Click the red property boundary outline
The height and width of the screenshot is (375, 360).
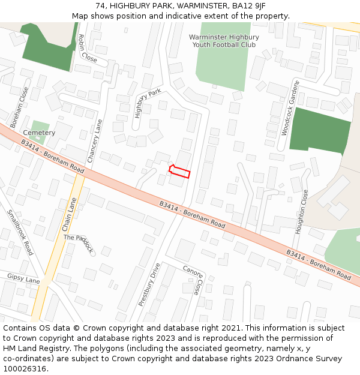pyautogui.click(x=179, y=172)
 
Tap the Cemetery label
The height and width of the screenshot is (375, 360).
pyautogui.click(x=39, y=133)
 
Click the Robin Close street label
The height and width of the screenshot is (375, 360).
pyautogui.click(x=87, y=48)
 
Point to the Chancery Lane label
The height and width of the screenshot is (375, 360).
pyautogui.click(x=95, y=141)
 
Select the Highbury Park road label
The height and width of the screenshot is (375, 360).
pyautogui.click(x=148, y=103)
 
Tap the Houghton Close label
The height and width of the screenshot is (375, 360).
pyautogui.click(x=301, y=211)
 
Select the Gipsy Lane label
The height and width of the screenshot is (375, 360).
pyautogui.click(x=23, y=278)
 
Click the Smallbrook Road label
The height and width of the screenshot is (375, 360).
pyautogui.click(x=20, y=232)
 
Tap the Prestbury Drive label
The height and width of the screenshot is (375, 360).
pyautogui.click(x=149, y=285)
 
